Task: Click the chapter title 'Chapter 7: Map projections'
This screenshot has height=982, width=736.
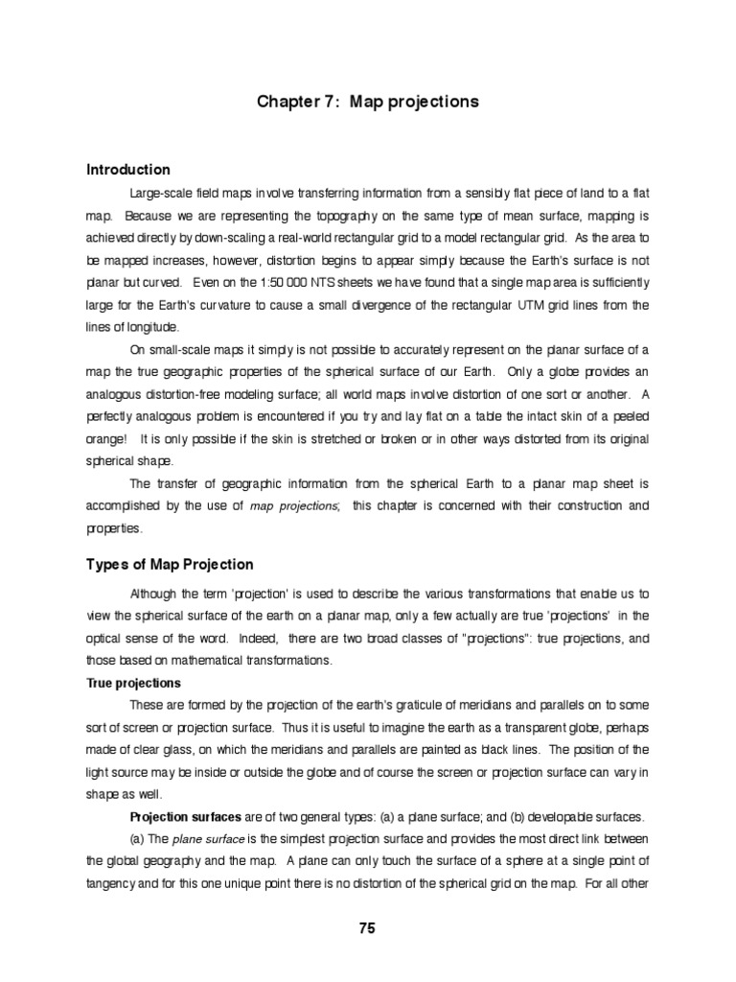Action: [x=368, y=102]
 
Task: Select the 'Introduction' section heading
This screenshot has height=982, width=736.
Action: [x=128, y=170]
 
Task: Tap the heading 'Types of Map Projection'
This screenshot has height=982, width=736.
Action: [x=171, y=565]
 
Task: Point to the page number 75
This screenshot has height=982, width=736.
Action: [x=367, y=927]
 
